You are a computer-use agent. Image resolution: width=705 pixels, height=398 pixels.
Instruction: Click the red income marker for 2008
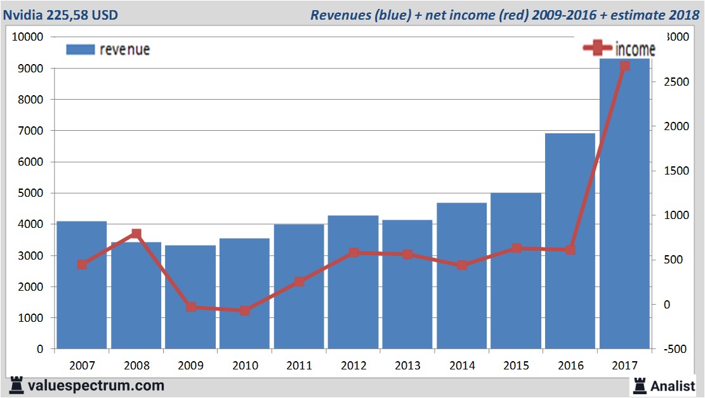(x=136, y=234)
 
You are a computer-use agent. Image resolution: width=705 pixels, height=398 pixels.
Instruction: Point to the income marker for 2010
(x=245, y=310)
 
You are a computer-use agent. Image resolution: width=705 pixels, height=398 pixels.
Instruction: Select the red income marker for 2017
(x=624, y=66)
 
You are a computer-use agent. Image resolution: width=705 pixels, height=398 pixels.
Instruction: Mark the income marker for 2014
(x=462, y=265)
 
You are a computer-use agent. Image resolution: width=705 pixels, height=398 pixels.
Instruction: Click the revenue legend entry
(x=108, y=50)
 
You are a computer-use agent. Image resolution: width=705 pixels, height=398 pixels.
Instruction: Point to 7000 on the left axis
(x=30, y=131)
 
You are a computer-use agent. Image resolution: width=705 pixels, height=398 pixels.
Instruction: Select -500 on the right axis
(x=673, y=349)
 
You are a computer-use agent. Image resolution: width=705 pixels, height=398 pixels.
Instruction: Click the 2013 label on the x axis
(x=407, y=366)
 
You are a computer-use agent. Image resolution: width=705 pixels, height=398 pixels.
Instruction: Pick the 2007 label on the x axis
(x=82, y=366)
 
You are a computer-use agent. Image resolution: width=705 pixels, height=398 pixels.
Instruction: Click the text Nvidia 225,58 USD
(x=60, y=15)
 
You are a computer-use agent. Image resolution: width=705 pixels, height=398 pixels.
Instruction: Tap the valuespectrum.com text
(x=95, y=385)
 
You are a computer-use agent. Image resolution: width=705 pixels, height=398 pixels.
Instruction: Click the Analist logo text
(x=673, y=385)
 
